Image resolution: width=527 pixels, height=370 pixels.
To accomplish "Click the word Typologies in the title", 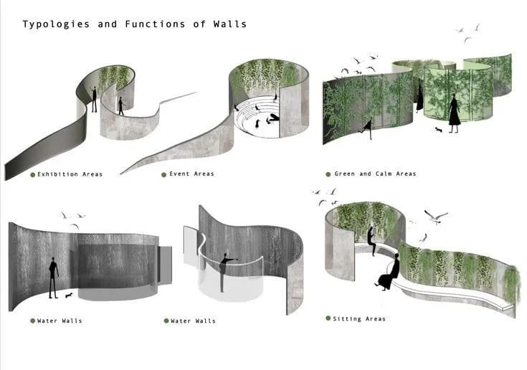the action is (x=56, y=24).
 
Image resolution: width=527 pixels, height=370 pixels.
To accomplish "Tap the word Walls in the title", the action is (x=230, y=24).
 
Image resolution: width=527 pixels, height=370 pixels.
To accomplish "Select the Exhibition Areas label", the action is (x=70, y=174).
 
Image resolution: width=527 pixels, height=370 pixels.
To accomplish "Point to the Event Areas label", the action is (x=191, y=174).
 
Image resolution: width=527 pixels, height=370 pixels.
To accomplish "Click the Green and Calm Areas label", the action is (x=375, y=174).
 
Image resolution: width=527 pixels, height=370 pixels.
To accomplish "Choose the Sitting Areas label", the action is (x=359, y=319).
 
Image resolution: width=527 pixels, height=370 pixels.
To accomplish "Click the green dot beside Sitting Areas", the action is (x=328, y=318).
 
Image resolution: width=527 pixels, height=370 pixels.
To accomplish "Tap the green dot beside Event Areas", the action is (x=164, y=175).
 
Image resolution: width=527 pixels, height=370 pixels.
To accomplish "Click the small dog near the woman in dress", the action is (x=438, y=130).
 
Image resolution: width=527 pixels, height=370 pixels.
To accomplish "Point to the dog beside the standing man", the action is (x=69, y=295).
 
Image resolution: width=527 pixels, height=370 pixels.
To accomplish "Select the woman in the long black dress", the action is (x=454, y=113).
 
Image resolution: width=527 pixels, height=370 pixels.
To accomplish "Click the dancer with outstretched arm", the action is (x=225, y=272).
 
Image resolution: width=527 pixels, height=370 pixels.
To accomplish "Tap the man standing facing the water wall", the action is (x=53, y=277).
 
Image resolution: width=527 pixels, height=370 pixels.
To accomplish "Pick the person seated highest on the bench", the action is (x=371, y=241).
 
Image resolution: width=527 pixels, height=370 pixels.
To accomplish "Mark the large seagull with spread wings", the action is (x=436, y=216).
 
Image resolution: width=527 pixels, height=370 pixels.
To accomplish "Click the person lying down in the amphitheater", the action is (x=272, y=118).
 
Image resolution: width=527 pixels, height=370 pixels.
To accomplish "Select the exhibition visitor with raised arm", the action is (x=94, y=99).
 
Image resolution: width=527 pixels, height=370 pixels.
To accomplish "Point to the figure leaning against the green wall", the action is (x=369, y=128).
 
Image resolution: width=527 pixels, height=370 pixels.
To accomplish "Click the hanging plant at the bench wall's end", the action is (x=511, y=283).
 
